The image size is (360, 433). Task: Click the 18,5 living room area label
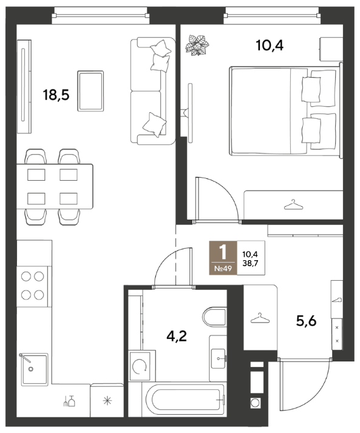[x=56, y=95]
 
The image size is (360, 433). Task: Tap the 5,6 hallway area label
[x=306, y=321]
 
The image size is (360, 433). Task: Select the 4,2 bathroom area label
[x=177, y=336]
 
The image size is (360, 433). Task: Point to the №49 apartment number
[x=223, y=268]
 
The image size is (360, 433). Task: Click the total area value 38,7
[x=250, y=263]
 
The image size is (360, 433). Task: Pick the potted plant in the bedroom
[x=197, y=45]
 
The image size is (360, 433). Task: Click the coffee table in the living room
[x=90, y=91]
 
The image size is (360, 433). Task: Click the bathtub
[x=185, y=400]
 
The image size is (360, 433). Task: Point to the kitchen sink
[x=35, y=369]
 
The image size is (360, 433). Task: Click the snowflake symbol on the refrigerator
[x=107, y=400]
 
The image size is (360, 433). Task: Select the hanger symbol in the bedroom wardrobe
[x=293, y=205]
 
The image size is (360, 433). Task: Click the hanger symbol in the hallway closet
[x=260, y=318]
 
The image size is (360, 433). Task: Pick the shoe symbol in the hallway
[x=337, y=300]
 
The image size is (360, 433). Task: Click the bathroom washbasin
[x=219, y=358]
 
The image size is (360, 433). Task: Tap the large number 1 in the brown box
[x=223, y=252]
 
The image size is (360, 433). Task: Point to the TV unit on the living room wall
[x=24, y=87]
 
